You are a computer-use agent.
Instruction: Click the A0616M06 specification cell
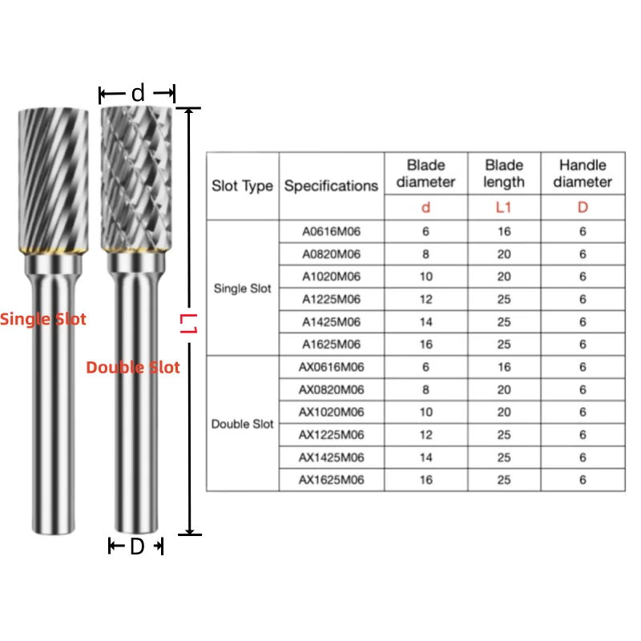point(331,232)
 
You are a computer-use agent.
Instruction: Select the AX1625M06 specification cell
point(331,480)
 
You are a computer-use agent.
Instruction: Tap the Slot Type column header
point(242,186)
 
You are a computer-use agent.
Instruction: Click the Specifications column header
point(331,186)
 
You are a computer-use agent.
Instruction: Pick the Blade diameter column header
point(425,173)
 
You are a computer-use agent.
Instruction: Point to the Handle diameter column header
point(583,173)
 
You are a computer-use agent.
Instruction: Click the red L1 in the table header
point(504,208)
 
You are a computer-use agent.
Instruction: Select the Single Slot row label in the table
point(242,288)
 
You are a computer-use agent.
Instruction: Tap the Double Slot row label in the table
point(242,424)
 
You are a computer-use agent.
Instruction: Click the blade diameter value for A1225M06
point(425,299)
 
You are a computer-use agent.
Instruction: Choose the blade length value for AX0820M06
point(504,390)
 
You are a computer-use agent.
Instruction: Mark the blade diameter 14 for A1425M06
point(425,322)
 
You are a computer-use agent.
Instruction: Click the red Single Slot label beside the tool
point(42,319)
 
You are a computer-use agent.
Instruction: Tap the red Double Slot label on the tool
point(133,368)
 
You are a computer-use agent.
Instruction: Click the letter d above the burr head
point(138,94)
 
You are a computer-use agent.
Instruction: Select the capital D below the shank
point(136,547)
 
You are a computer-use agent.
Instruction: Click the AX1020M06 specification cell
point(331,413)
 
